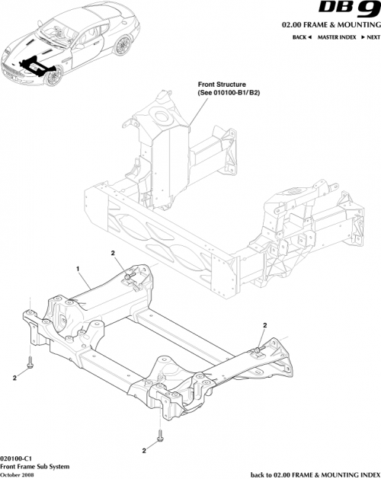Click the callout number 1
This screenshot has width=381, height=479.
coord(77,270)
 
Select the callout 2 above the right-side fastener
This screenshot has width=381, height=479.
coord(264,325)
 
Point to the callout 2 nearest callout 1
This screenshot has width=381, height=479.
coord(112,254)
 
